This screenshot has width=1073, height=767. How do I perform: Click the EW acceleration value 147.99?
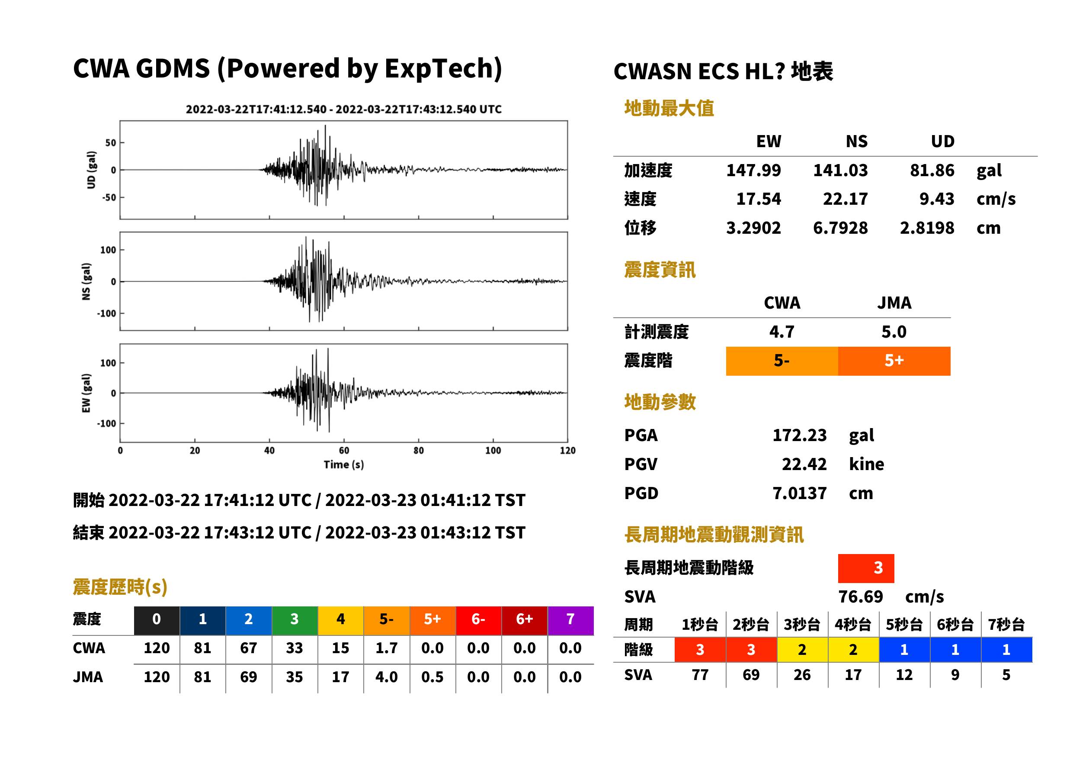753,170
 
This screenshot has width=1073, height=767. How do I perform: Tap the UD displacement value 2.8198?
927,228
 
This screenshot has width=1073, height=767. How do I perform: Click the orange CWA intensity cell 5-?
782,361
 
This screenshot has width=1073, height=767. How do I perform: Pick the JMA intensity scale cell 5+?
894,361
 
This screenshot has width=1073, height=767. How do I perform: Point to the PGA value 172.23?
799,435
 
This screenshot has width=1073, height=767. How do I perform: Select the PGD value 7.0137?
799,493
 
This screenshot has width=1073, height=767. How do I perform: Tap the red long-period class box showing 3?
866,568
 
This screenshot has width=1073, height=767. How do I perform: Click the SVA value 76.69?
860,596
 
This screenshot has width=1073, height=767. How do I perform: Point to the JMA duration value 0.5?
432,677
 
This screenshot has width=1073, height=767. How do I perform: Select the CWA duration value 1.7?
387,648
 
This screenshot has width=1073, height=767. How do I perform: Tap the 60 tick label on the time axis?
344,451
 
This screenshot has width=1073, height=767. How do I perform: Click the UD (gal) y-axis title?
91,170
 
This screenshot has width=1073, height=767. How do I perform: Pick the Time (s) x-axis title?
343,465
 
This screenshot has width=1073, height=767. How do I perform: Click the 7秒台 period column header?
1006,624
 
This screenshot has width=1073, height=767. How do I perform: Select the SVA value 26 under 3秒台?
802,675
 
